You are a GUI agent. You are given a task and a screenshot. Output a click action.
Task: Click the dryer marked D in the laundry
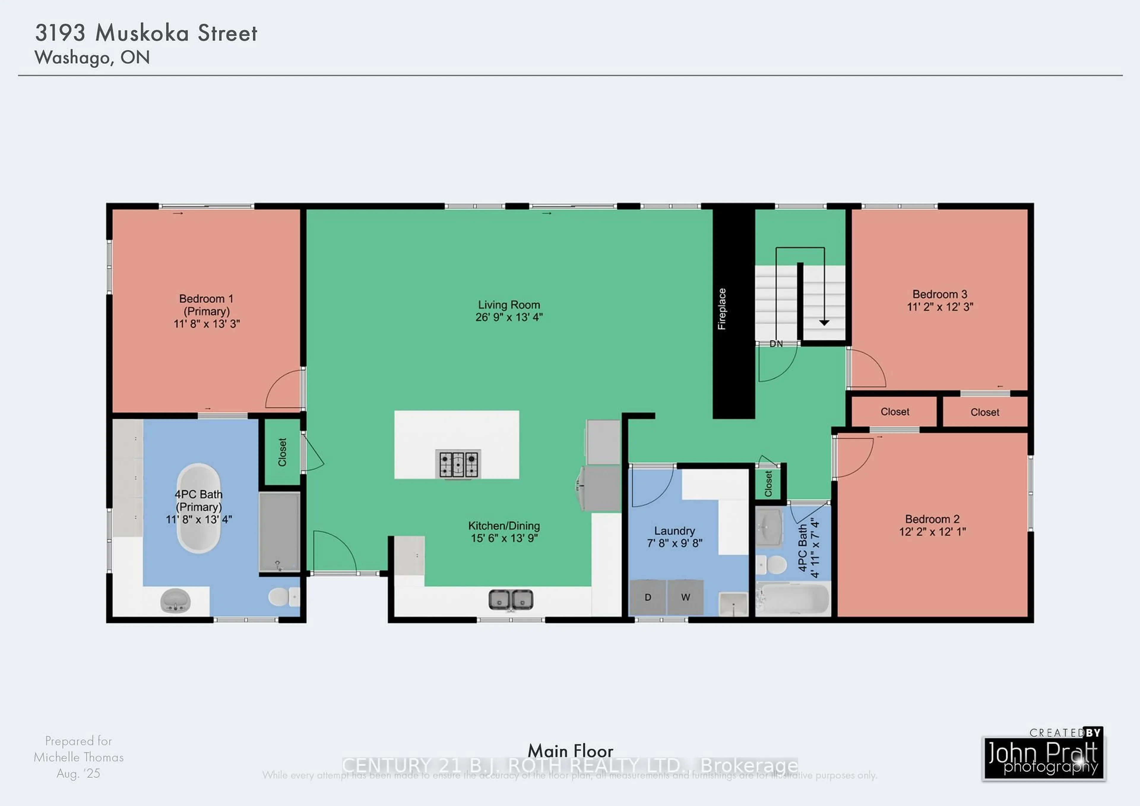(647, 597)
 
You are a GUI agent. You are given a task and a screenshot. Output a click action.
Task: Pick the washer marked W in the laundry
(685, 597)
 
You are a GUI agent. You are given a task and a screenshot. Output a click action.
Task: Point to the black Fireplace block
(733, 313)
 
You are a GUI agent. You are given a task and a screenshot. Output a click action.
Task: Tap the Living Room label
(509, 305)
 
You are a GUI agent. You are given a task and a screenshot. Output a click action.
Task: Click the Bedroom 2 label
(932, 519)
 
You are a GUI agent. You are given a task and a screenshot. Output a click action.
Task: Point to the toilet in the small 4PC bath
(772, 565)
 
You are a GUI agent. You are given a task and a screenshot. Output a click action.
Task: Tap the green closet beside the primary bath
(282, 452)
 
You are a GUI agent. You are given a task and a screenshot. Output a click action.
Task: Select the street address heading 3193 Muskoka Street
(146, 33)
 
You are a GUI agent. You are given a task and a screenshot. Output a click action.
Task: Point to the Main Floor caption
(570, 750)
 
